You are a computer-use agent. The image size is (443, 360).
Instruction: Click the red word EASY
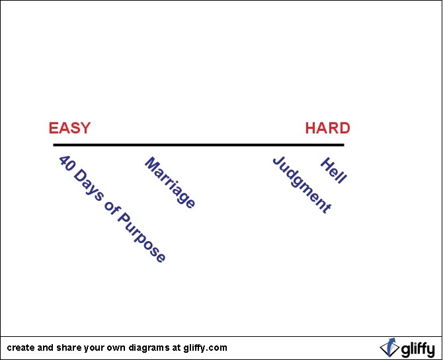pyautogui.click(x=69, y=128)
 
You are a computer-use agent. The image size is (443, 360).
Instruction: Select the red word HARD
pyautogui.click(x=327, y=128)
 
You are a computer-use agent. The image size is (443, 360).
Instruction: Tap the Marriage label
pyautogui.click(x=170, y=183)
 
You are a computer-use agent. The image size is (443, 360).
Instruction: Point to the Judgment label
pyautogui.click(x=302, y=185)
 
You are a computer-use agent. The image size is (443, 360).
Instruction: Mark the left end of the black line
pyautogui.click(x=54, y=145)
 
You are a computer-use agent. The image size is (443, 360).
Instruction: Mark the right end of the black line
pyautogui.click(x=343, y=145)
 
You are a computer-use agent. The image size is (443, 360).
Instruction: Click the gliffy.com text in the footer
pyautogui.click(x=206, y=347)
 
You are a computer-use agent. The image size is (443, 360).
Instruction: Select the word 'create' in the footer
pyautogui.click(x=20, y=347)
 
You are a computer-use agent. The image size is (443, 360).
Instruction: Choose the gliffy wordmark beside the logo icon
pyautogui.click(x=416, y=348)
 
